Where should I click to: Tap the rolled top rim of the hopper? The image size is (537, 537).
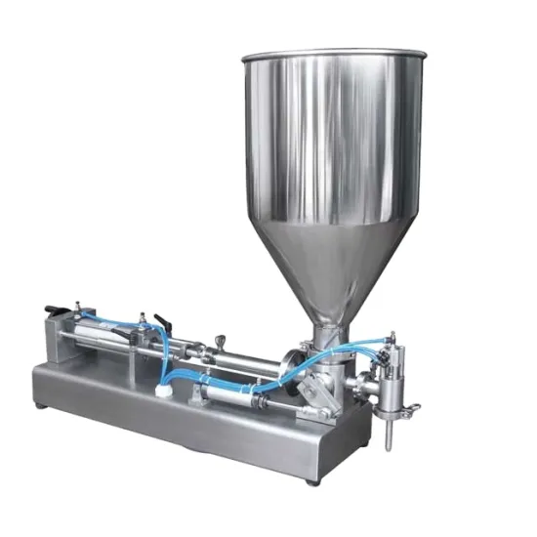[x=332, y=54]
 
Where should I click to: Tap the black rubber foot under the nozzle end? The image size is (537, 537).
[x=311, y=480]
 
